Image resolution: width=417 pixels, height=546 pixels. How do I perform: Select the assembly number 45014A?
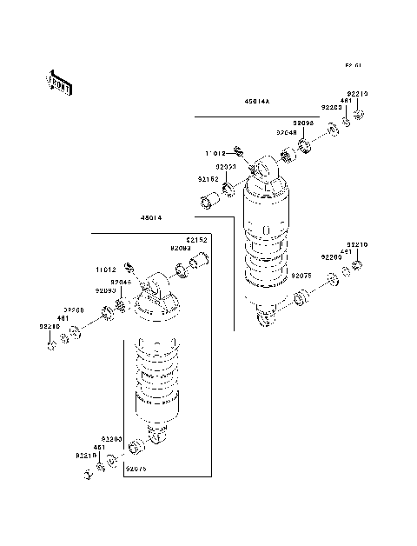click(257, 102)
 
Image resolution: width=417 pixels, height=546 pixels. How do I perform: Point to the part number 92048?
click(288, 132)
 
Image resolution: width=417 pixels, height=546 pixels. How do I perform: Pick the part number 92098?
click(302, 123)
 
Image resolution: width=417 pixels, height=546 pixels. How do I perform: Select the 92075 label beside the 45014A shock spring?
click(301, 275)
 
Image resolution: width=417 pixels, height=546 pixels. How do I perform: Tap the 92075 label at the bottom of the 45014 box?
click(138, 468)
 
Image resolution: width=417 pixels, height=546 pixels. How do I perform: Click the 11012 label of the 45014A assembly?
click(215, 153)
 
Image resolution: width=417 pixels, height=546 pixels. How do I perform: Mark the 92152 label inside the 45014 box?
click(196, 239)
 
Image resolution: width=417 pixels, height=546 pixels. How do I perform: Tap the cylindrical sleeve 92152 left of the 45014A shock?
click(208, 204)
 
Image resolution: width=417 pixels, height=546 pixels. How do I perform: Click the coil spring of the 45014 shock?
click(156, 378)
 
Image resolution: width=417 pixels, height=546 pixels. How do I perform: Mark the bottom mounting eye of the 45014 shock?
click(157, 435)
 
